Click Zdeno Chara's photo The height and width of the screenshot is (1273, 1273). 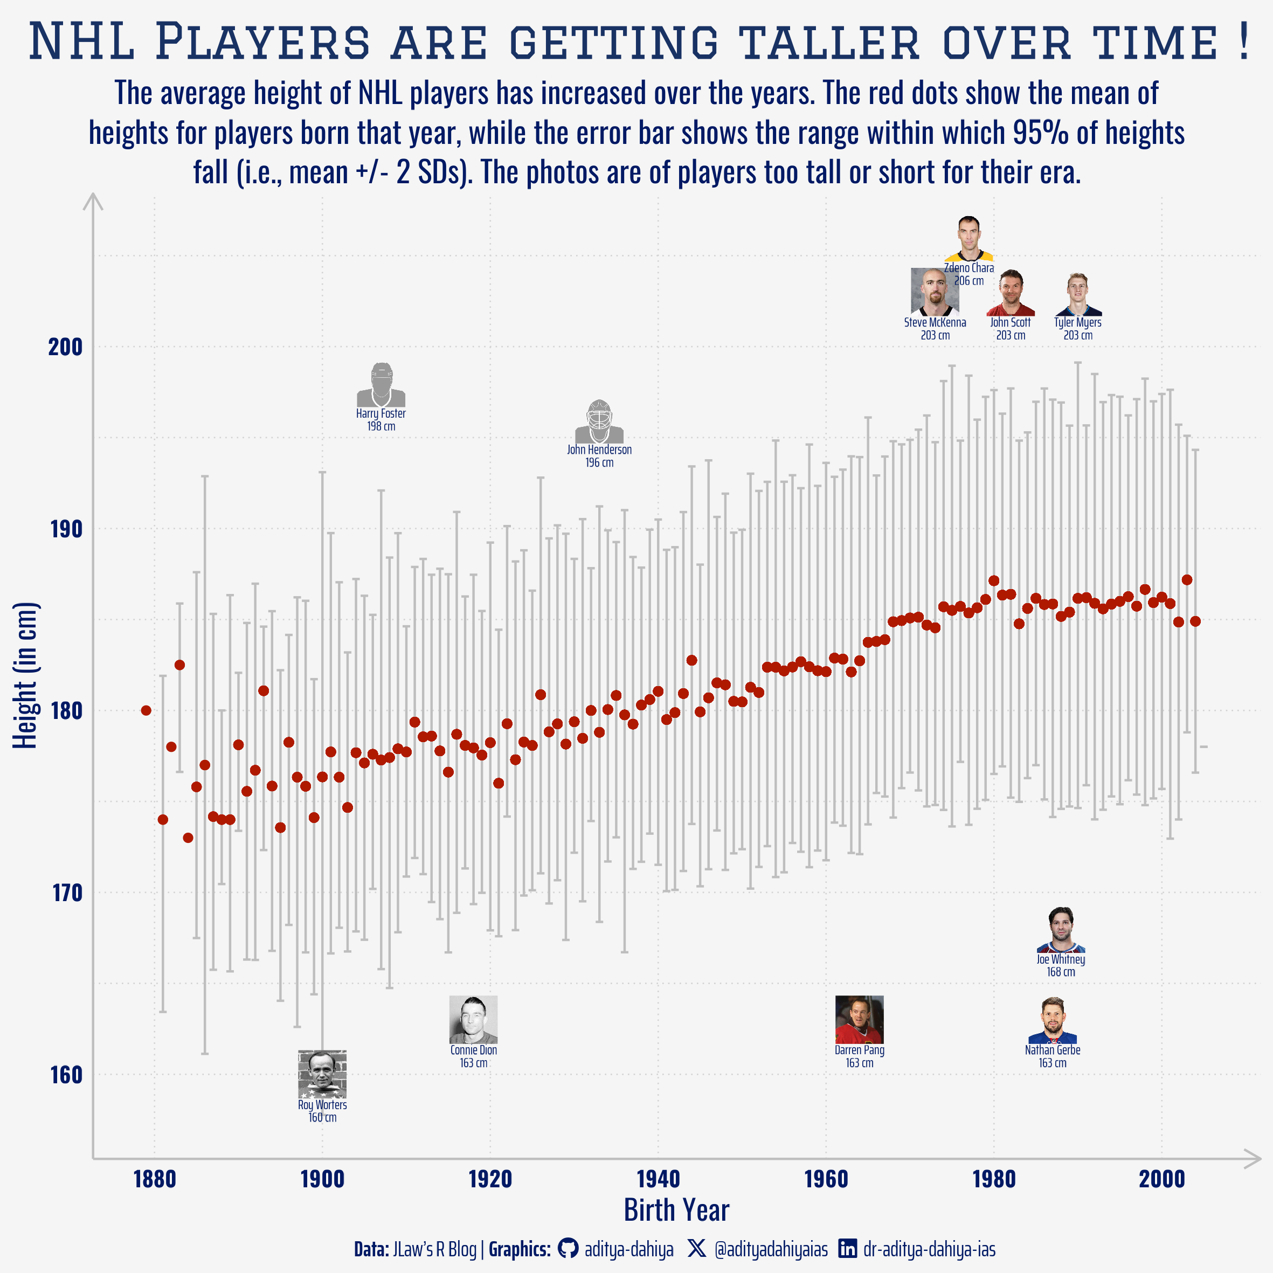pyautogui.click(x=968, y=239)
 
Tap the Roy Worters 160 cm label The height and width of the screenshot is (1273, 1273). pyautogui.click(x=322, y=1111)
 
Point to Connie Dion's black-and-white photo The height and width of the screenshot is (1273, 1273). pyautogui.click(x=473, y=1019)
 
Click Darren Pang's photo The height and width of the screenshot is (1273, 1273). pyautogui.click(x=859, y=1019)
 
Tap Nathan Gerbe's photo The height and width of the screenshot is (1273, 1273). pyautogui.click(x=1052, y=1020)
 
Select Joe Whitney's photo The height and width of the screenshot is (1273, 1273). pyautogui.click(x=1060, y=930)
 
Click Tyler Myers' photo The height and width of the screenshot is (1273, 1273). pyautogui.click(x=1077, y=294)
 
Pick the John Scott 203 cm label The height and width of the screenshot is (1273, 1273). pyautogui.click(x=1010, y=329)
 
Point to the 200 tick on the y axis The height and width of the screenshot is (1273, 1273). pyautogui.click(x=65, y=347)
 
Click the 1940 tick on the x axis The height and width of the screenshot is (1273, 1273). pyautogui.click(x=658, y=1179)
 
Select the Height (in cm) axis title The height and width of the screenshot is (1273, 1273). pyautogui.click(x=26, y=675)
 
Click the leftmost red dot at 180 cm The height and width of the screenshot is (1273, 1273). pyautogui.click(x=146, y=710)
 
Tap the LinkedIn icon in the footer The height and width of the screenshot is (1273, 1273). pyautogui.click(x=847, y=1248)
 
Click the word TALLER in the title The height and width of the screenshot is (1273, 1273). pyautogui.click(x=828, y=42)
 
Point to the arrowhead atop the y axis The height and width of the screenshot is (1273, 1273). pyautogui.click(x=93, y=200)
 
